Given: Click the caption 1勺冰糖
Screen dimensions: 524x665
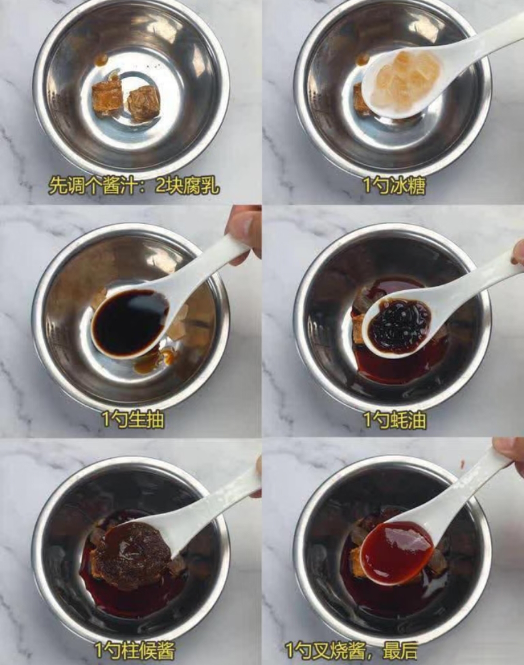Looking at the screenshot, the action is coord(394,186).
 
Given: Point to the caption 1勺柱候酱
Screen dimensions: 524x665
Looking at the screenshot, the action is coord(134,651).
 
